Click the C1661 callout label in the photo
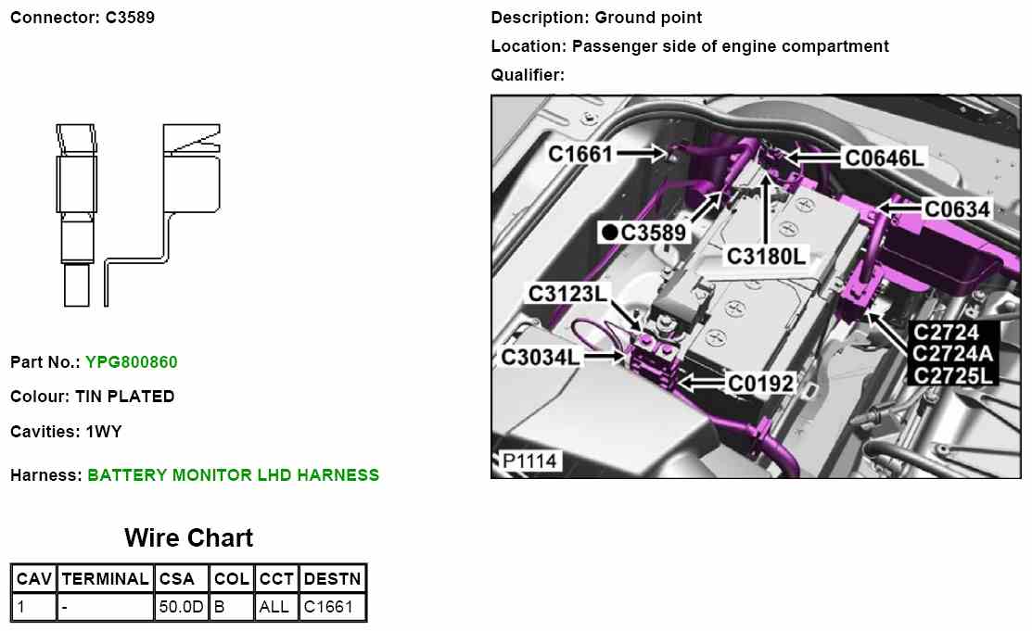(x=581, y=153)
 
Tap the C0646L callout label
(x=884, y=158)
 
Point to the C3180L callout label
(x=766, y=255)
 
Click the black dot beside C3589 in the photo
(x=609, y=233)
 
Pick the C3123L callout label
(x=568, y=293)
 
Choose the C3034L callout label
(x=541, y=356)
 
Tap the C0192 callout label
(x=760, y=382)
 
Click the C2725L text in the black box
(x=953, y=375)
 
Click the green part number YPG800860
(x=132, y=361)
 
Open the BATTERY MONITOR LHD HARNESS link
(x=233, y=475)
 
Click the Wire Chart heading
(x=188, y=537)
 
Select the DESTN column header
(x=333, y=579)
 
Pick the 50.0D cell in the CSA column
(x=181, y=608)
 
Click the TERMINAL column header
(x=105, y=579)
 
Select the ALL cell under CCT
(x=275, y=608)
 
